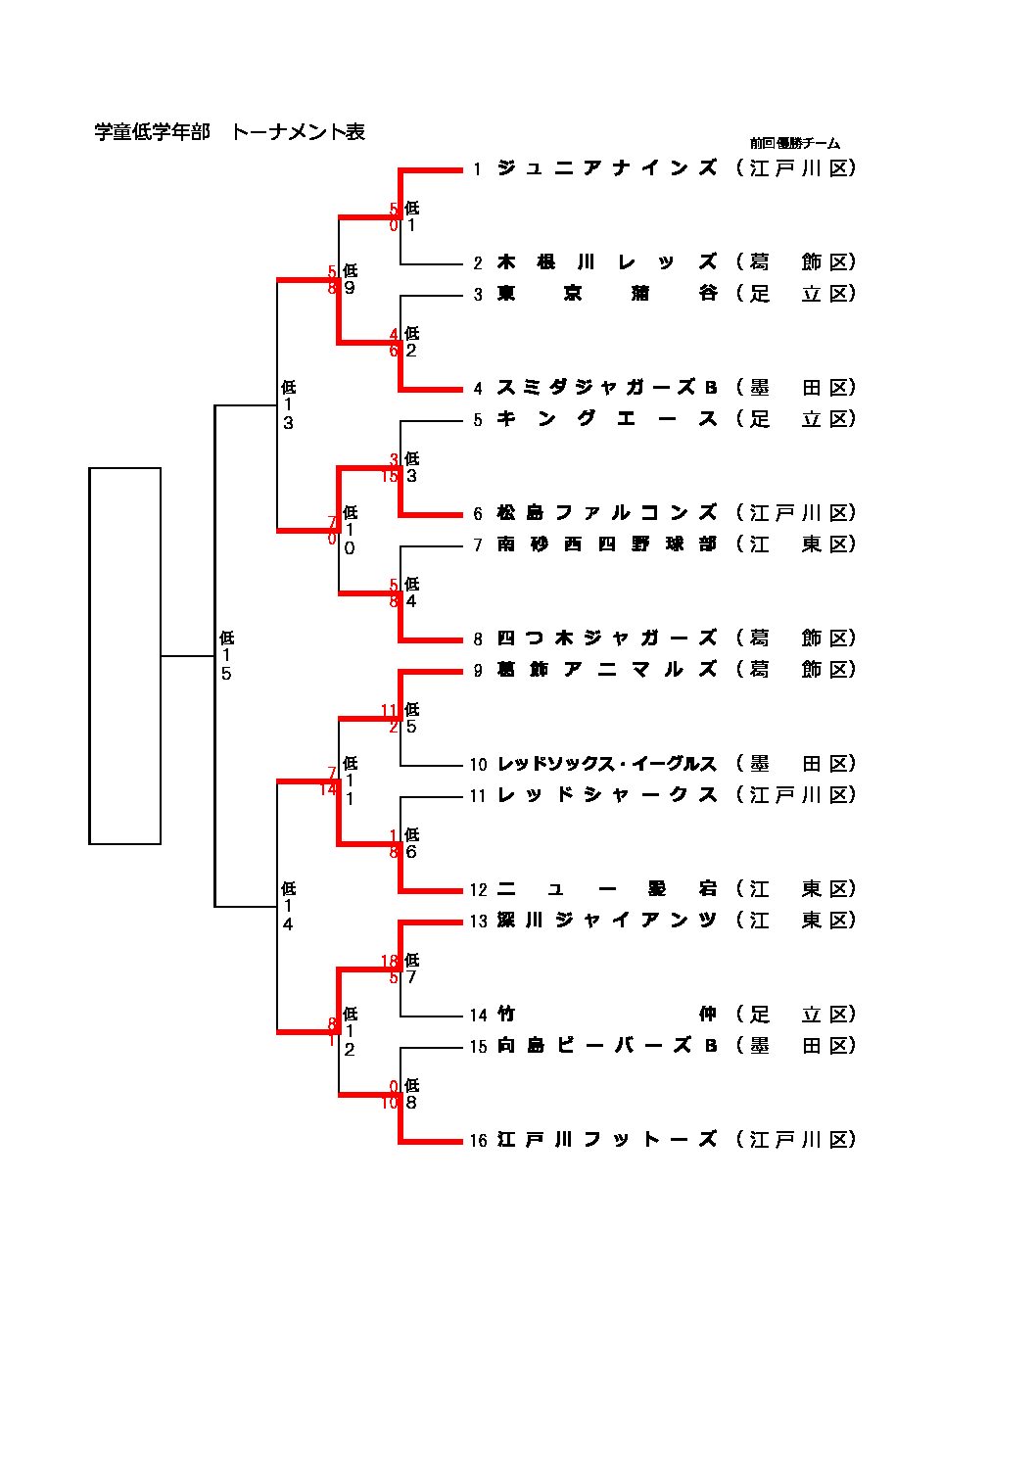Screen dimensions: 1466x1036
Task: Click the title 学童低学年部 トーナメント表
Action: coord(229,132)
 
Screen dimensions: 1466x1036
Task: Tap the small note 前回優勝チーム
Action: coord(794,143)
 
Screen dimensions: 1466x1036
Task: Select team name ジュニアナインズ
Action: coord(607,168)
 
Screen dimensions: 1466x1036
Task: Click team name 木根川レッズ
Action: coord(607,262)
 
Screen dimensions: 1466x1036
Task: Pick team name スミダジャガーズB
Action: coord(607,388)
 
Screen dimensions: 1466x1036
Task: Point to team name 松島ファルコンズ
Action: coord(607,513)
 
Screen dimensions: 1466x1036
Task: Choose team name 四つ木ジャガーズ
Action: coord(607,638)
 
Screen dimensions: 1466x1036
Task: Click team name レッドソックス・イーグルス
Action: coord(607,764)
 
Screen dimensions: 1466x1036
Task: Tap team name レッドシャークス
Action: coord(607,795)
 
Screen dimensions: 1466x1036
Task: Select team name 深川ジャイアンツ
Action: coord(607,921)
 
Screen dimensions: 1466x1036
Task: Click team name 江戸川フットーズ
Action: coord(607,1140)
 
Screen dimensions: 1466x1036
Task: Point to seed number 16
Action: coord(478,1141)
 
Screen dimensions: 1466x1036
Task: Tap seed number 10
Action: coord(478,765)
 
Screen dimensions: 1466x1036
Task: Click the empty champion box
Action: coord(125,656)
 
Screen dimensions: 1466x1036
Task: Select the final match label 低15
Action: coord(226,656)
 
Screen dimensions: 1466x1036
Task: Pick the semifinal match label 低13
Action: coord(288,405)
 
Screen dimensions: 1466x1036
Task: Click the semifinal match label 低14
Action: coord(288,907)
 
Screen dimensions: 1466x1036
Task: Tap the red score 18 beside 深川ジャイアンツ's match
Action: coord(389,962)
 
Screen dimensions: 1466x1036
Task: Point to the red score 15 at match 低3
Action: coord(389,477)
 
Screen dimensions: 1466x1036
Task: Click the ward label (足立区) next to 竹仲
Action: coord(796,1015)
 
